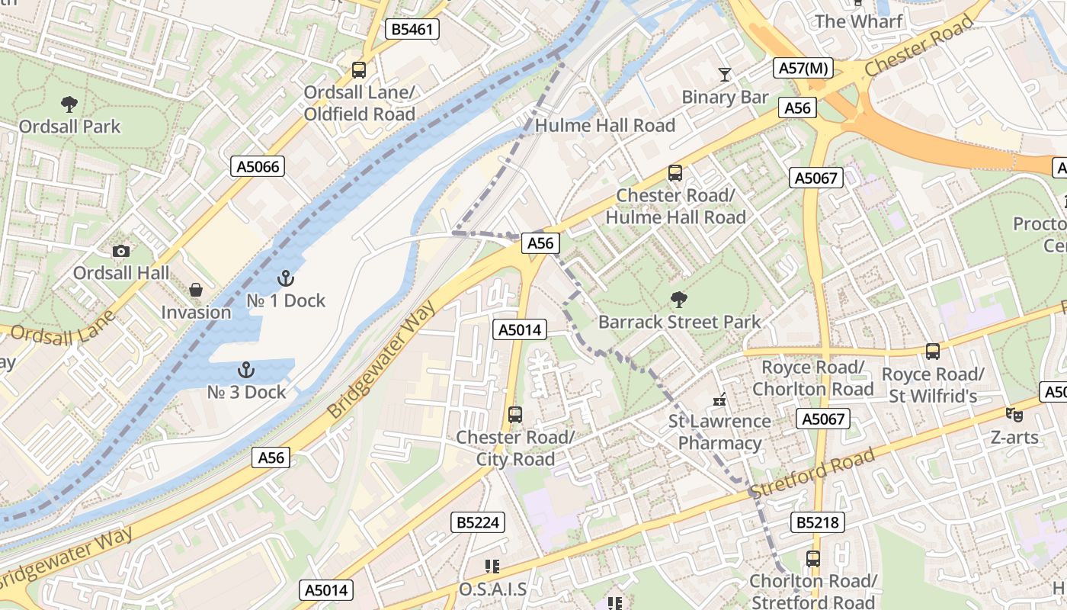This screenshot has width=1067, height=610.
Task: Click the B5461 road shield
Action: [x=412, y=30]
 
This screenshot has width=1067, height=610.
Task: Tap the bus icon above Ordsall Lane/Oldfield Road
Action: [x=359, y=70]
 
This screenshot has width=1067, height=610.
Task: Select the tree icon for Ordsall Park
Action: [x=69, y=104]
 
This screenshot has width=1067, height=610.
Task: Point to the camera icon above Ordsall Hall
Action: [x=120, y=251]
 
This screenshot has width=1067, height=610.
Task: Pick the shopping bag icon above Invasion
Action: [x=196, y=291]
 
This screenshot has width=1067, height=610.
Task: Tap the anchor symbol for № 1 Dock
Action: [x=286, y=278]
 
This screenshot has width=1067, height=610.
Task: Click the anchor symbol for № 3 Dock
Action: [x=246, y=371]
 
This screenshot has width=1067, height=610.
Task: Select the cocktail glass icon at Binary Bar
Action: [x=724, y=75]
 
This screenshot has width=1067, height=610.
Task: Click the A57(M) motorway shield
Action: [x=803, y=68]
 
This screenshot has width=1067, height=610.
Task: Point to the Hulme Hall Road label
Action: [x=605, y=125]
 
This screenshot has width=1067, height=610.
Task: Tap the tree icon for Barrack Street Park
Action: [x=678, y=300]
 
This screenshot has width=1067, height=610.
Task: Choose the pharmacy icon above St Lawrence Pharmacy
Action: [x=719, y=399]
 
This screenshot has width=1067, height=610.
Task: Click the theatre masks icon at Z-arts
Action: [x=1014, y=415]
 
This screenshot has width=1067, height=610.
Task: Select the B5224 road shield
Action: [x=478, y=522]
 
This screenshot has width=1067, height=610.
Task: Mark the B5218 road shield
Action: [x=818, y=522]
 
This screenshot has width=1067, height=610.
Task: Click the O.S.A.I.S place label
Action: [x=492, y=589]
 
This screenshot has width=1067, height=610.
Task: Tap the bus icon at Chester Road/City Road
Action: [x=515, y=415]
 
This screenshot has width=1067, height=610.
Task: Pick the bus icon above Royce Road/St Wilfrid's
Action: [x=933, y=352]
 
